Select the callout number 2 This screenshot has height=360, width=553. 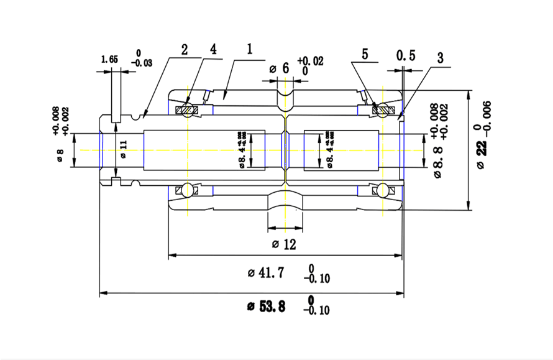point(185,50)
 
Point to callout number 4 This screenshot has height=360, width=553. point(213,50)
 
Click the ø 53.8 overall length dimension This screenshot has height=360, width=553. point(267,306)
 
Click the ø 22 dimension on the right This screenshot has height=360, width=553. point(482,149)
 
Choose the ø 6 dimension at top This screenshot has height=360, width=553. point(280,68)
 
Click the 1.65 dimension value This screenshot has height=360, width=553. point(109,60)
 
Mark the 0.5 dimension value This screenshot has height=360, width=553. point(406,56)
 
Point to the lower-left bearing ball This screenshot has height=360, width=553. point(186,189)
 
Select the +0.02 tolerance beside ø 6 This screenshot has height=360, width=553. point(311,61)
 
